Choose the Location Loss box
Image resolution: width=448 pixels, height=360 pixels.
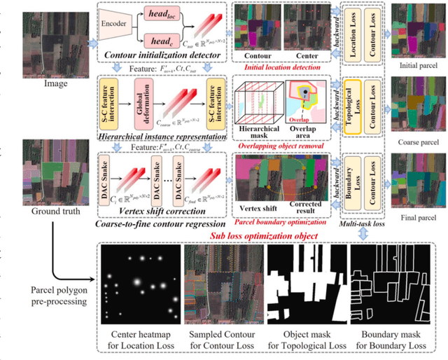[x=355, y=30]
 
